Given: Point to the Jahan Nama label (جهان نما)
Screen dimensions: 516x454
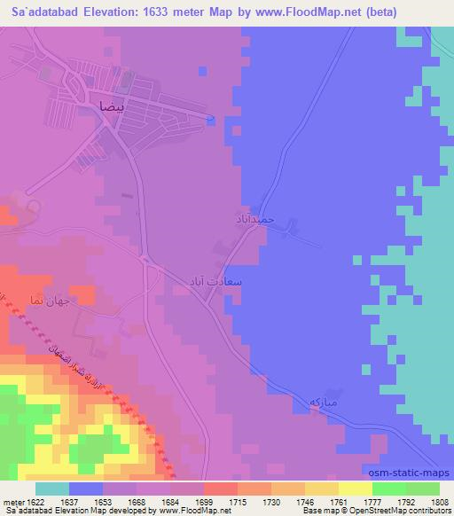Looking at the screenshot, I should point(49,300).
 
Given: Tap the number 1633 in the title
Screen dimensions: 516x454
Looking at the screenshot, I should point(152,12).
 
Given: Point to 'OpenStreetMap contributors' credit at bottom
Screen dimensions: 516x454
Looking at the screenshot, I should point(398,511).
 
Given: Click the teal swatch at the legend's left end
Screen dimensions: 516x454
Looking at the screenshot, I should point(52,488).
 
